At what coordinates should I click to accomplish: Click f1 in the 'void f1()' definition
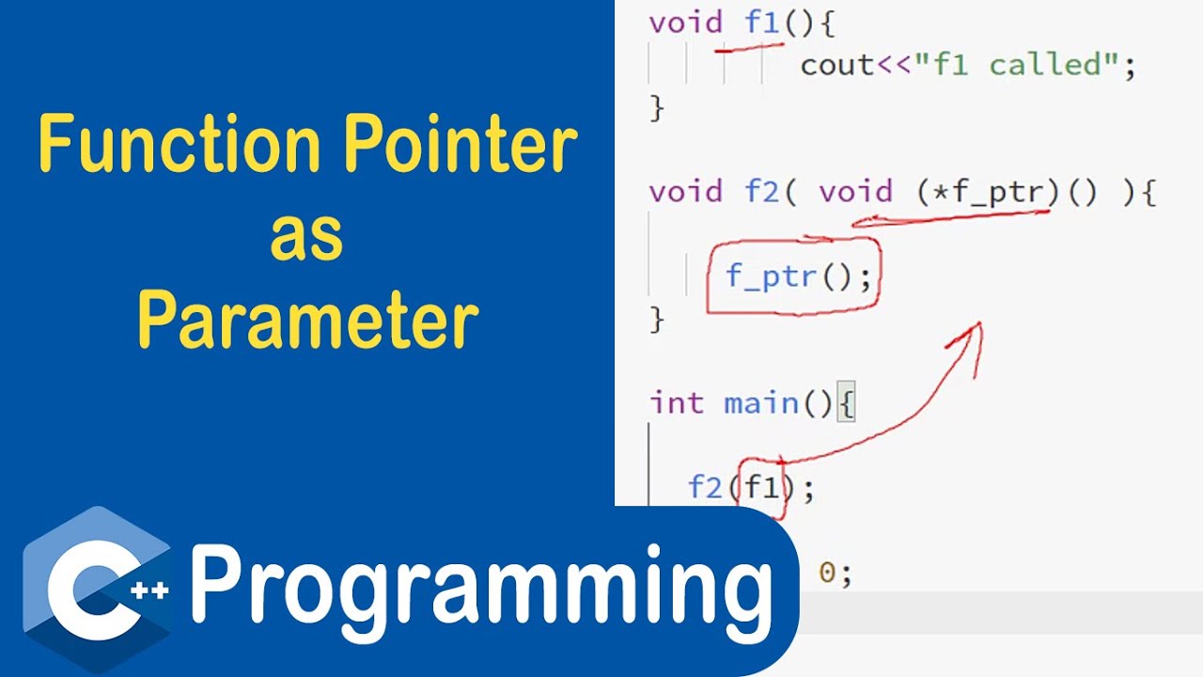tap(762, 23)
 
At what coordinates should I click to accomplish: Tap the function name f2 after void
tap(762, 192)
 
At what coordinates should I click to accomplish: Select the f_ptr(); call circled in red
tap(798, 276)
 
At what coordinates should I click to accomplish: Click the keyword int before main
tap(676, 403)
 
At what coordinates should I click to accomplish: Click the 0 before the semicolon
tap(828, 572)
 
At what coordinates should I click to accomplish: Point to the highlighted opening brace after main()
tap(846, 404)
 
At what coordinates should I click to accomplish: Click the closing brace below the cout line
tap(656, 107)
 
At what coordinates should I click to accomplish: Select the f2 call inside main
tap(705, 487)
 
